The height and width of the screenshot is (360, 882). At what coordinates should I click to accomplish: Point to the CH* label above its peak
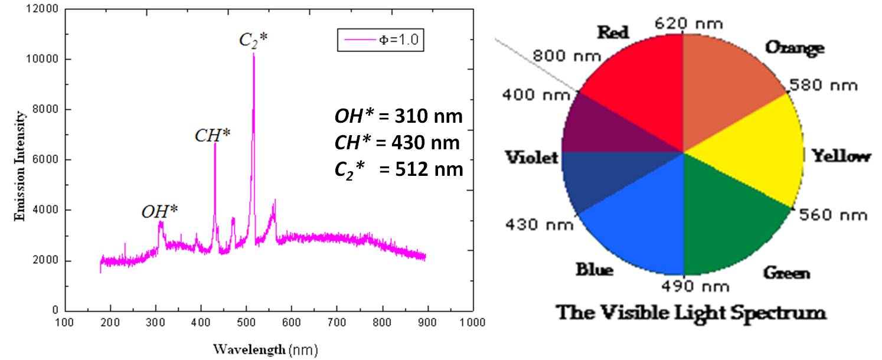[213, 135]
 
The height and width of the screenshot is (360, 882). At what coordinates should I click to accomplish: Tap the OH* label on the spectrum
[159, 211]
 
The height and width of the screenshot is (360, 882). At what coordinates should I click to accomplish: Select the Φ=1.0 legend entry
[380, 40]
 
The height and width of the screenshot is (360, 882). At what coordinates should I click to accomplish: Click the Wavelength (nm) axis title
[265, 349]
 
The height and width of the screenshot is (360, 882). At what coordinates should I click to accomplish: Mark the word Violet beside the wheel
[531, 158]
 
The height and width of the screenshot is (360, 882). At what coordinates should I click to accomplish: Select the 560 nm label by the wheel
[832, 215]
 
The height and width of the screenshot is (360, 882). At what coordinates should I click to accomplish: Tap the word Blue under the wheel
[594, 270]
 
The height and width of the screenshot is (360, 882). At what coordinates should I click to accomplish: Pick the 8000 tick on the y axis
[45, 110]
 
